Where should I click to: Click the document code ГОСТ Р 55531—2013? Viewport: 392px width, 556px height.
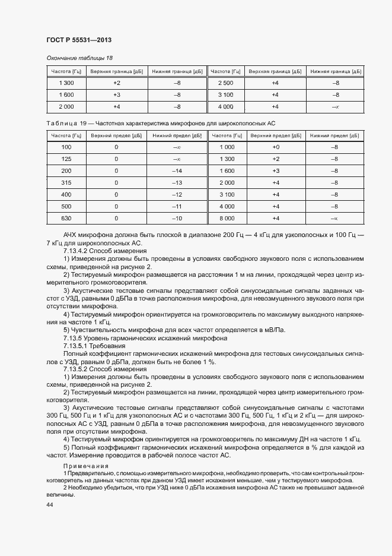pos(78,40)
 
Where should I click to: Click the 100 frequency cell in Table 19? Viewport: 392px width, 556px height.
pos(66,147)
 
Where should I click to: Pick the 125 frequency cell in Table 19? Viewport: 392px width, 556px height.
pos(66,159)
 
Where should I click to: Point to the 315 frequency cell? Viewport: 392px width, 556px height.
pos(66,183)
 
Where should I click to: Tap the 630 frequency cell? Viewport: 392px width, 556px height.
pos(66,219)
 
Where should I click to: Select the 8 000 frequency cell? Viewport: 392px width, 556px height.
pos(226,219)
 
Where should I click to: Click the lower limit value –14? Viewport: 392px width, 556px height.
pos(176,171)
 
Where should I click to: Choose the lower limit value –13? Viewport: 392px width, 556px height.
pos(176,183)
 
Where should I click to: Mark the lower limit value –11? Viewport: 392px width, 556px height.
pos(176,207)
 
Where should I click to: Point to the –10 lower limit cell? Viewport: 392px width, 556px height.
pos(176,219)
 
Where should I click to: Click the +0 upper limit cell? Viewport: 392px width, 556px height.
pos(275,147)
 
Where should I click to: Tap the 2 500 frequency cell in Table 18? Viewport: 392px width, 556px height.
pos(226,83)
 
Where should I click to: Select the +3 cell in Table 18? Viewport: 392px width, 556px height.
pos(116,94)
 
